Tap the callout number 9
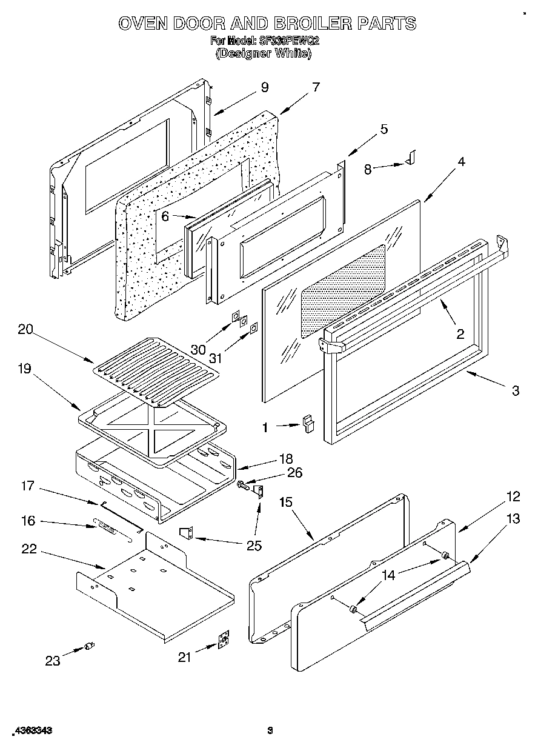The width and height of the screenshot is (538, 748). [x=264, y=87]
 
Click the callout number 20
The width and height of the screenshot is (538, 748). [x=25, y=330]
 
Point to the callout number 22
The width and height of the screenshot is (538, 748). [x=28, y=549]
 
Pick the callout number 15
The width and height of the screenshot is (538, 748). [x=286, y=502]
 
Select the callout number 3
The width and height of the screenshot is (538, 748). [x=515, y=391]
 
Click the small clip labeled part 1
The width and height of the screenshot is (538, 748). [x=309, y=422]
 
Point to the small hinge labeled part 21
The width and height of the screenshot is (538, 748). [x=225, y=641]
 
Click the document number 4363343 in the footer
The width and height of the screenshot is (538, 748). [x=29, y=730]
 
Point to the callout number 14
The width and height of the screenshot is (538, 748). [x=388, y=575]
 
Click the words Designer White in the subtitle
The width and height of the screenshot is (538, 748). [x=264, y=53]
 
